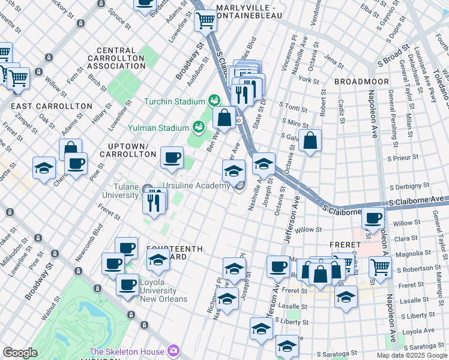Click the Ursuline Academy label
click(199, 186)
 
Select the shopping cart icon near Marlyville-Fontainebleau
click(206, 20)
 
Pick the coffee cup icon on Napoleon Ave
click(373, 219)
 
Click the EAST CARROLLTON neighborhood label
click(52, 106)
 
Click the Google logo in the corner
click(20, 353)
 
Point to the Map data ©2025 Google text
click(411, 355)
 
